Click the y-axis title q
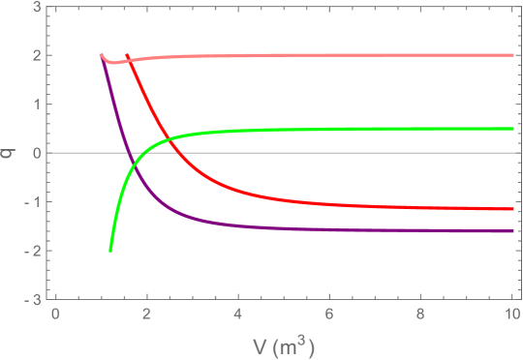click(10, 152)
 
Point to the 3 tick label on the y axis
click(36, 7)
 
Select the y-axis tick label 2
click(36, 55)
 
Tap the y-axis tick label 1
click(36, 105)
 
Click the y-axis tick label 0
click(36, 153)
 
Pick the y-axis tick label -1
click(33, 202)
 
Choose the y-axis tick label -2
click(33, 252)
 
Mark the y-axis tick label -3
click(33, 300)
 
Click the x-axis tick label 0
click(55, 315)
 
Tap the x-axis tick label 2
click(146, 315)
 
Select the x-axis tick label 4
click(237, 315)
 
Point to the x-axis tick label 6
click(329, 315)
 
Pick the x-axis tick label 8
click(420, 315)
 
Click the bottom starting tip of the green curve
click(110, 251)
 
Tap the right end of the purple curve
click(512, 231)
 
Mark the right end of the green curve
click(512, 129)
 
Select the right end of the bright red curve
click(512, 208)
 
